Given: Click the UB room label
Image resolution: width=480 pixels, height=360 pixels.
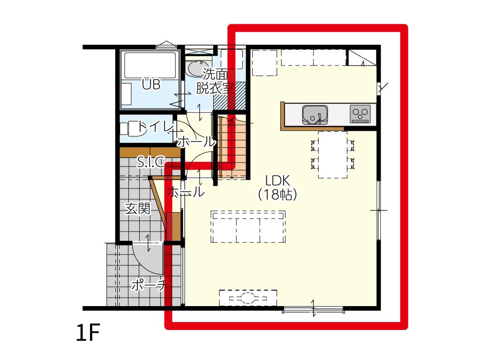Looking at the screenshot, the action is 151,84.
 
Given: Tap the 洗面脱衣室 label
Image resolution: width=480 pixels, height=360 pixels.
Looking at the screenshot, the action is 215,81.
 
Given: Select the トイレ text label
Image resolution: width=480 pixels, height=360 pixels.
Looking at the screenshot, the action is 153,127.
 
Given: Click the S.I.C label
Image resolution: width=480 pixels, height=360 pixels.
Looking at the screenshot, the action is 150,162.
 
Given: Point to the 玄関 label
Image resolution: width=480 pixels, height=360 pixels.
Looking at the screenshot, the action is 138,209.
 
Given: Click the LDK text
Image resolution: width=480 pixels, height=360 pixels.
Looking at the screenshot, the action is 277,181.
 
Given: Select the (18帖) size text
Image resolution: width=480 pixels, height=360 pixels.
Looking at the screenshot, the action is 277,195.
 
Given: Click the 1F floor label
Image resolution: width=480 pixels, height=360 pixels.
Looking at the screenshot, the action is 88,333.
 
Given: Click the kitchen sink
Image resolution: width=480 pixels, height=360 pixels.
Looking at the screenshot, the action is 315,115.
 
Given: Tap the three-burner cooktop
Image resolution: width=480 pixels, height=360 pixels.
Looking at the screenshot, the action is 360,114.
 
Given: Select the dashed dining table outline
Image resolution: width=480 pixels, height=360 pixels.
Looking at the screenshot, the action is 332,155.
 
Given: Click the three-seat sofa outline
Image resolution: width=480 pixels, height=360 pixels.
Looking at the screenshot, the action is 248,226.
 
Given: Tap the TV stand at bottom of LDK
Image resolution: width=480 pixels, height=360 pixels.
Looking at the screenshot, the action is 248,298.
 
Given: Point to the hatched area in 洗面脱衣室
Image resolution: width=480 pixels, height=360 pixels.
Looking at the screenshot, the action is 230,96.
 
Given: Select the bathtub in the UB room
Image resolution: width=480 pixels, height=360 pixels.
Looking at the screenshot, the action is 150,65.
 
